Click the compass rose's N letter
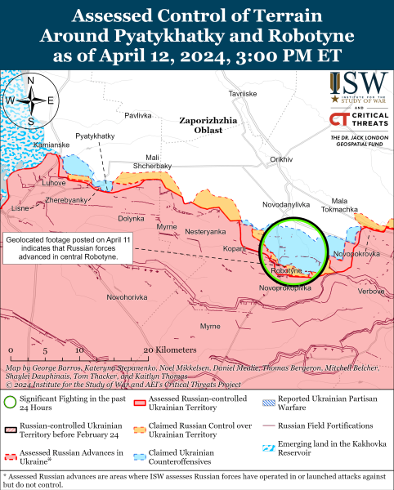click(x=30, y=80)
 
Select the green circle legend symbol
click(x=9, y=401)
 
